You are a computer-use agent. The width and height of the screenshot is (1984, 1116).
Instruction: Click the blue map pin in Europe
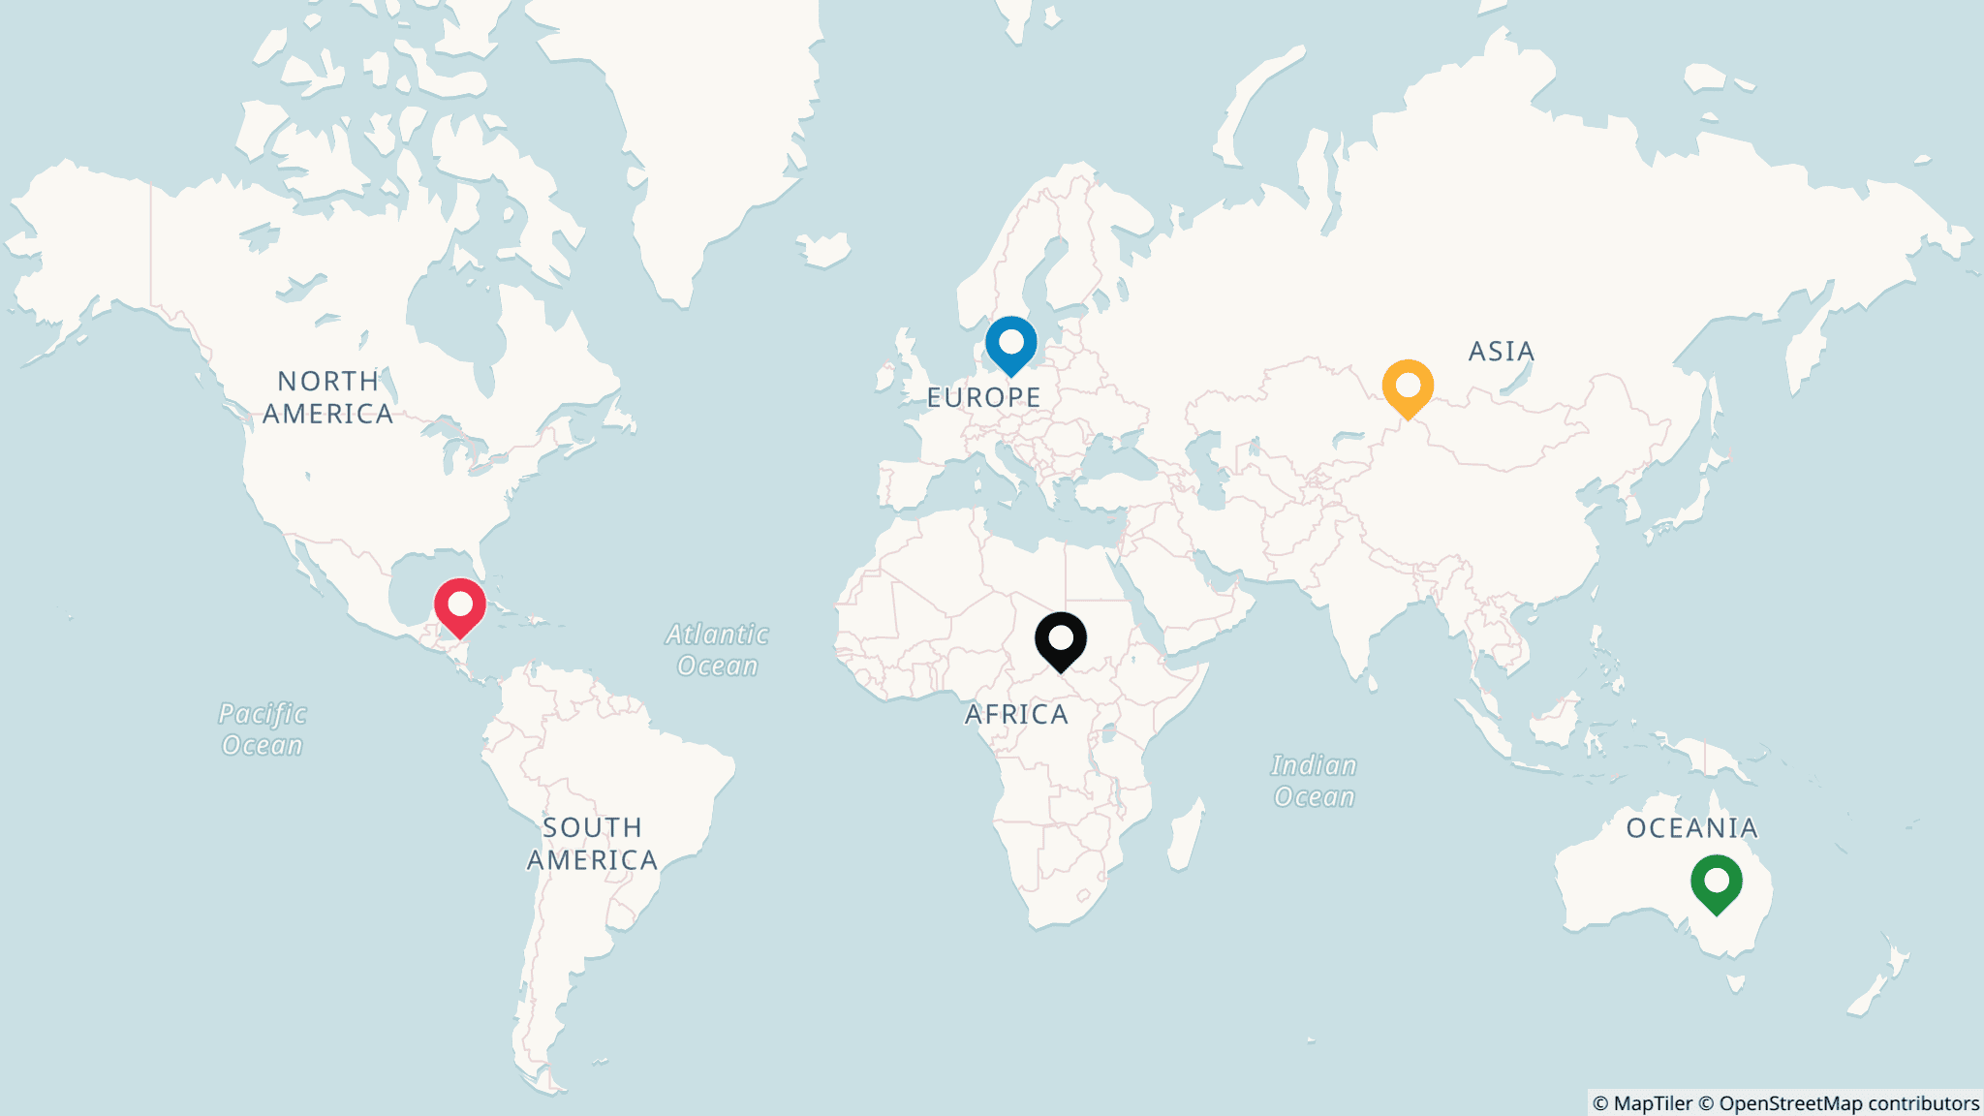pos(1010,343)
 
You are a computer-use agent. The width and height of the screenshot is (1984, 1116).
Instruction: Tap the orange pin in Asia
pos(1408,387)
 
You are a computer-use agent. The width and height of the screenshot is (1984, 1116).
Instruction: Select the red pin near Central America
pos(459,605)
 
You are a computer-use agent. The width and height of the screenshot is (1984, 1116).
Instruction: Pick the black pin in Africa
pos(1061,639)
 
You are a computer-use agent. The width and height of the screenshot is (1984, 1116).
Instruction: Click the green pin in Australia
pos(1716,882)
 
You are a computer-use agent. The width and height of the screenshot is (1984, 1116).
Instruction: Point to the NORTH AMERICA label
pos(327,397)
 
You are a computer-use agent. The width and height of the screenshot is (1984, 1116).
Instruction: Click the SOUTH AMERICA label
pos(592,844)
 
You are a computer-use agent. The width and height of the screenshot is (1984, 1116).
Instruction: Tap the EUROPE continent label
pos(983,397)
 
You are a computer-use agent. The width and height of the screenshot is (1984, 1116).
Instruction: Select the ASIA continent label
pos(1502,351)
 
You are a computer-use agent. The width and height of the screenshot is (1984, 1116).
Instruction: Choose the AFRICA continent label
pos(1016,714)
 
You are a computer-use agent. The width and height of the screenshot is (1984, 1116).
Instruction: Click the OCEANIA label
pos(1691,828)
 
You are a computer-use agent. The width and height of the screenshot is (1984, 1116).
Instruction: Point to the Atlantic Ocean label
pos(717,650)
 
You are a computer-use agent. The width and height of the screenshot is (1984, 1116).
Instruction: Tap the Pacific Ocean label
pos(263,729)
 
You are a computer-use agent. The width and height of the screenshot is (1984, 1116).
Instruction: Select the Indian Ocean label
pos(1314,781)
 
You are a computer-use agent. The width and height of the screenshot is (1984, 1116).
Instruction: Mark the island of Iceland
pos(824,249)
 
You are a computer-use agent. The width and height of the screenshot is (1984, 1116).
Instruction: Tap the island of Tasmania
pos(1736,983)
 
